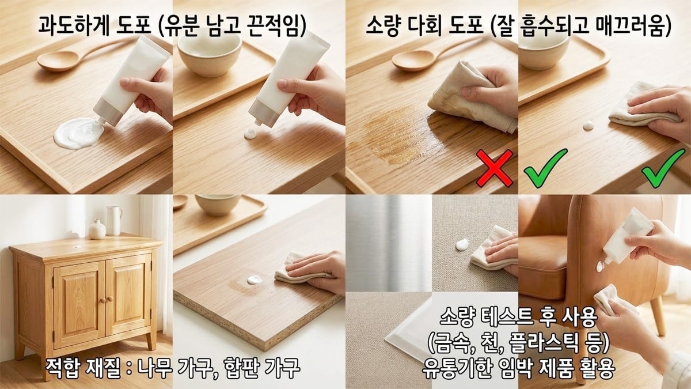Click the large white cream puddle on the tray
pyautogui.click(x=78, y=133)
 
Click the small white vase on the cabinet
pyautogui.click(x=97, y=229)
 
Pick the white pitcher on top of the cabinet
pyautogui.click(x=114, y=220)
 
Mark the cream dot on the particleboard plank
pyautogui.click(x=254, y=280)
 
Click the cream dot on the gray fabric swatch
pyautogui.click(x=462, y=245)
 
